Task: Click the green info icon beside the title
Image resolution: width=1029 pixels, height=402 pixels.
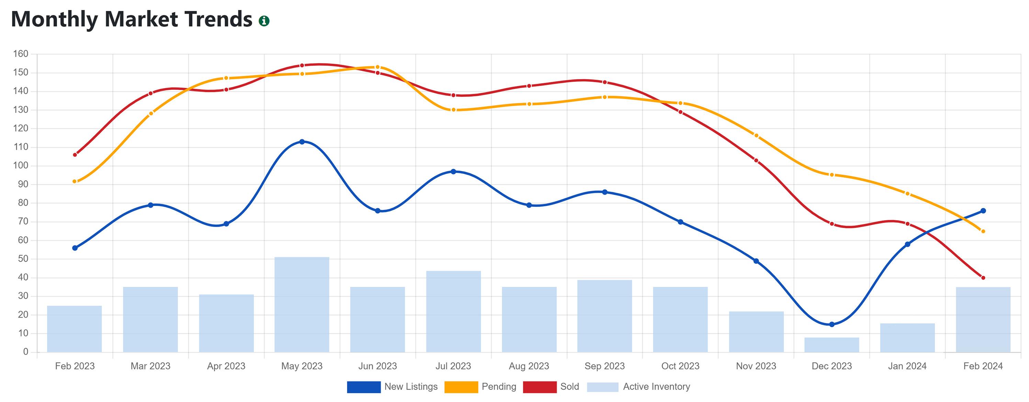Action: click(x=264, y=21)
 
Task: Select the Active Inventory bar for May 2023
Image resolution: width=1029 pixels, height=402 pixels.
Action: click(x=302, y=304)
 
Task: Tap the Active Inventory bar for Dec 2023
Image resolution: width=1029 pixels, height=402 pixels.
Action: click(x=832, y=345)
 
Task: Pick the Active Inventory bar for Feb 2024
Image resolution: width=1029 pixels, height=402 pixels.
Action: click(x=983, y=319)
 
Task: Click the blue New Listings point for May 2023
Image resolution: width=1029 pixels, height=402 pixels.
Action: click(x=302, y=142)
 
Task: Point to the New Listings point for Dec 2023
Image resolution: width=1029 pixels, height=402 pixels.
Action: click(x=832, y=324)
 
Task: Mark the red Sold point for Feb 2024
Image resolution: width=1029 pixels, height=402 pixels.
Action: click(x=983, y=278)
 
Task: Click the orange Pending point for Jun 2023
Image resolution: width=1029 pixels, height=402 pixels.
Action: click(x=378, y=67)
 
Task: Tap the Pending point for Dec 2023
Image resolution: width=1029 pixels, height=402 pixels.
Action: click(x=832, y=175)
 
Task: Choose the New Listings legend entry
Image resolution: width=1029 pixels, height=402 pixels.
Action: click(x=392, y=387)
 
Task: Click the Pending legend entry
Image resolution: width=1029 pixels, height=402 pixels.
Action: click(x=481, y=387)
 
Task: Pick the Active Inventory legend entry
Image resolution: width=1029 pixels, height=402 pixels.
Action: click(x=638, y=387)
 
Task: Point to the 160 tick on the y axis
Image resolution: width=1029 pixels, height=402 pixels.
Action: click(x=20, y=54)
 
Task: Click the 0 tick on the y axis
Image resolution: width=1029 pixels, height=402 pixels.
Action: click(x=25, y=352)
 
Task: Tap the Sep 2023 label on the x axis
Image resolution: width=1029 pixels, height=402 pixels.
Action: click(x=604, y=366)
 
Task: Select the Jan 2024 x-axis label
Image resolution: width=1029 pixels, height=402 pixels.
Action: click(x=907, y=366)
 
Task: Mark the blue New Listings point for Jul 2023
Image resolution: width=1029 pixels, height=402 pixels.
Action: click(x=454, y=172)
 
